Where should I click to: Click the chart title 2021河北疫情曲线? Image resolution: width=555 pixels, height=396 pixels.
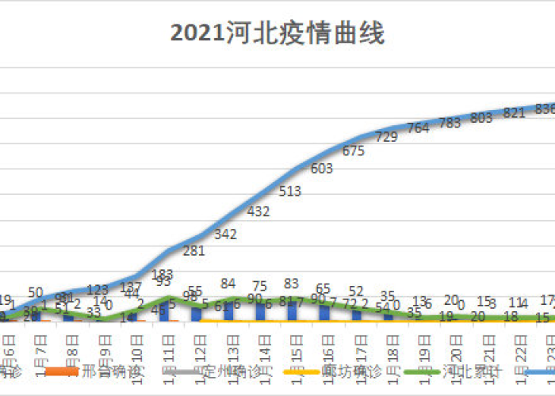pyautogui.click(x=277, y=34)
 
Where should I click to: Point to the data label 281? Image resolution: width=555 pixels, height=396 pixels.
pyautogui.click(x=194, y=251)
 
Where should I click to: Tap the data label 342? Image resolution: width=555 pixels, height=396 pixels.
pyautogui.click(x=226, y=234)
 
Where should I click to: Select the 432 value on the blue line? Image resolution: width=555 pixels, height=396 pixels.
pyautogui.click(x=258, y=211)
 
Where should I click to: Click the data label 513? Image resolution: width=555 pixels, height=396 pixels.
pyautogui.click(x=290, y=191)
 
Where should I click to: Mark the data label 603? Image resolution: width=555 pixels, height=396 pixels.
pyautogui.click(x=322, y=168)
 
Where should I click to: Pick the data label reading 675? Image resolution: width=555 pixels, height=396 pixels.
pyautogui.click(x=354, y=150)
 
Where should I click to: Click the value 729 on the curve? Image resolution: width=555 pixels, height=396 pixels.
pyautogui.click(x=386, y=137)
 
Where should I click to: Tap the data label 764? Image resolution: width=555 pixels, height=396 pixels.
pyautogui.click(x=418, y=129)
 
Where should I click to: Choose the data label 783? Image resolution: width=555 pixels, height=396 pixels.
pyautogui.click(x=450, y=123)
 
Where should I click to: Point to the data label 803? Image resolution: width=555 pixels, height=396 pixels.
pyautogui.click(x=481, y=118)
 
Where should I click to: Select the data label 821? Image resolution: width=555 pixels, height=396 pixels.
pyautogui.click(x=515, y=113)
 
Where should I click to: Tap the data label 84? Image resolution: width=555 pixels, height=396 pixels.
pyautogui.click(x=228, y=283)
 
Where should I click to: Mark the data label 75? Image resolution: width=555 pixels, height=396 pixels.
pyautogui.click(x=259, y=286)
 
